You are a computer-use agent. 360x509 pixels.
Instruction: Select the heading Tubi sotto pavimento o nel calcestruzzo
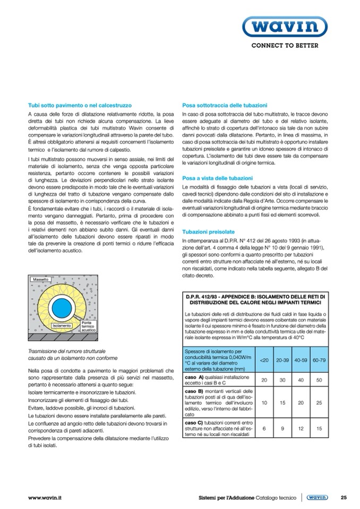click(80, 105)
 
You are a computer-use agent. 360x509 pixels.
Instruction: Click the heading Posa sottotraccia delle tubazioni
click(224, 105)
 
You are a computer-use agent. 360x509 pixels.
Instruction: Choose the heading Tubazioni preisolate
click(209, 232)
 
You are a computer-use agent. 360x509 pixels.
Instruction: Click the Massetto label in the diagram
click(40, 279)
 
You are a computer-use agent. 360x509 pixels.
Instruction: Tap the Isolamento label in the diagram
click(62, 324)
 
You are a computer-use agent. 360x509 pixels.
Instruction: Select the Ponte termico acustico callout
click(88, 326)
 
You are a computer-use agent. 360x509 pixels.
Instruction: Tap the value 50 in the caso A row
click(319, 380)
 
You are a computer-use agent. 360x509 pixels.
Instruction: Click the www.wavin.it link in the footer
click(45, 497)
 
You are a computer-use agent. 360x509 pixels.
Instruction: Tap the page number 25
click(344, 497)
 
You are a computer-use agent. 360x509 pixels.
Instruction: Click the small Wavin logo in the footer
click(318, 497)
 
